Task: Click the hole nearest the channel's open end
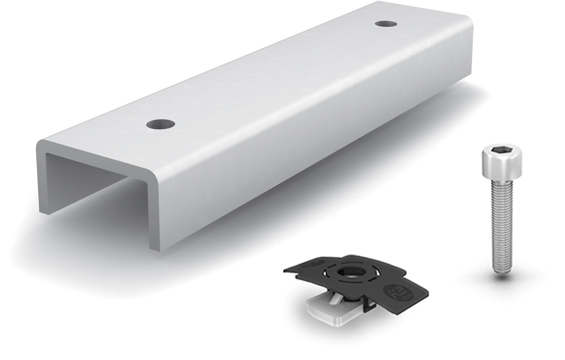coord(161,125)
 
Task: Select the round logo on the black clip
coord(391,292)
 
